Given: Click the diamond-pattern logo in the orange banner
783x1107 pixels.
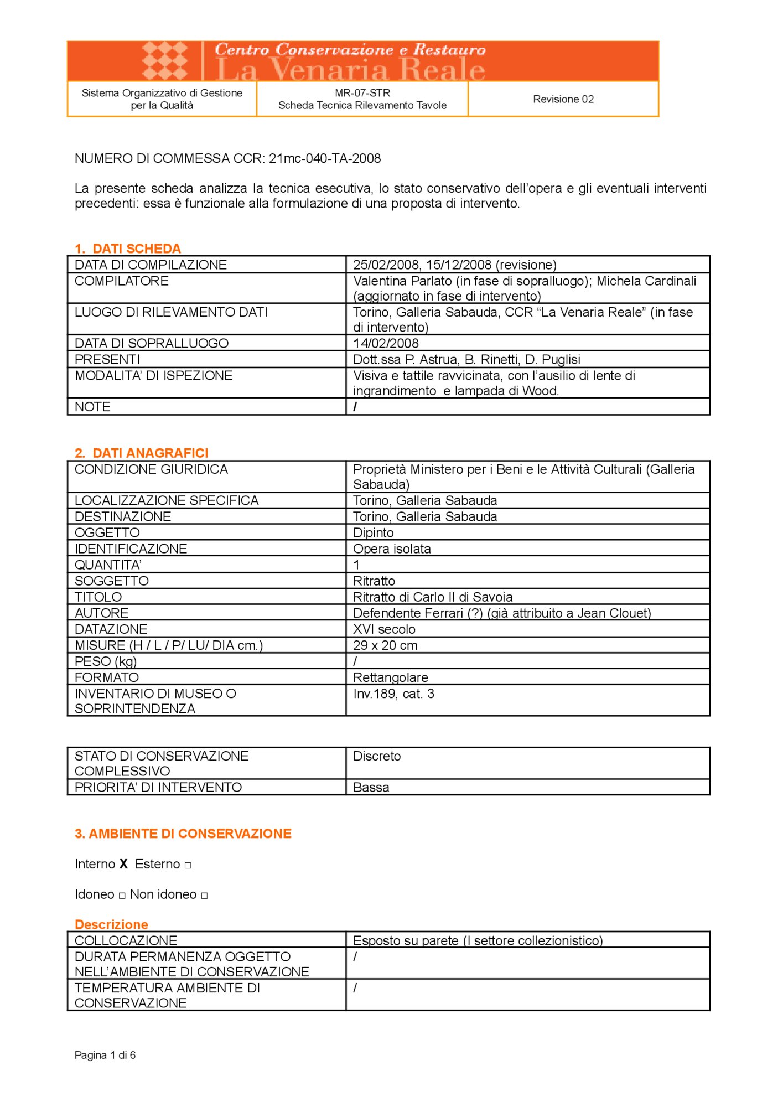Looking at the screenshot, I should click(165, 60).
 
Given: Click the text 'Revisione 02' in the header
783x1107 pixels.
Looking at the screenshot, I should click(563, 99).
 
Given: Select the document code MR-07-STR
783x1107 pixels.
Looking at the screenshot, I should click(362, 93).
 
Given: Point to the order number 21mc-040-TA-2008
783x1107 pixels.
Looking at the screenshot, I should click(325, 158).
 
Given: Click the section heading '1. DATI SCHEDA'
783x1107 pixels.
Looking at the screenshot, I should click(128, 249).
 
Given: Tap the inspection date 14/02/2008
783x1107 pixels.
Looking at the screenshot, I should click(386, 343).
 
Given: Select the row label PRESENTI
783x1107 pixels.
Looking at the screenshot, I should click(107, 359).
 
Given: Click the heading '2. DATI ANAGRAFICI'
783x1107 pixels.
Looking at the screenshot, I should click(142, 453).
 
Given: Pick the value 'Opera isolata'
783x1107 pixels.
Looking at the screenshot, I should click(392, 549).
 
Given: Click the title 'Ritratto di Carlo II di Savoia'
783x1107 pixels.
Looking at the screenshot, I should click(433, 597).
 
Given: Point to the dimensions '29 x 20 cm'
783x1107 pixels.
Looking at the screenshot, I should click(385, 645).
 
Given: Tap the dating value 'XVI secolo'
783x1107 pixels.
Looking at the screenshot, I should click(384, 629).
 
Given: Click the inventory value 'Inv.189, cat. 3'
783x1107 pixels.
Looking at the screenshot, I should click(393, 694).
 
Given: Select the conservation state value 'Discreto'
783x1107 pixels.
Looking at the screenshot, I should click(377, 756).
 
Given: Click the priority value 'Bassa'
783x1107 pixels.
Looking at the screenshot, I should click(371, 787).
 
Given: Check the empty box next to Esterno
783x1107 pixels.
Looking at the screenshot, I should click(188, 865).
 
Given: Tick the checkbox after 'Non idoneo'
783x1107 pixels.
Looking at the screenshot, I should click(204, 896).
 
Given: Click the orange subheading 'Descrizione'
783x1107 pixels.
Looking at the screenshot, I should click(111, 924).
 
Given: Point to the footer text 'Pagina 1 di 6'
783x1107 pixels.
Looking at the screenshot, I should click(105, 1055).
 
